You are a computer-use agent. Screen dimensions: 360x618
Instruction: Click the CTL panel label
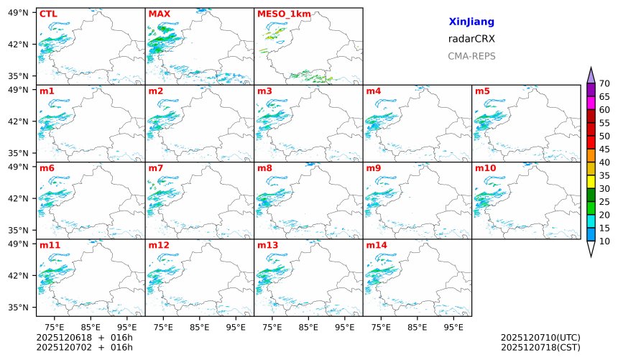click(48, 14)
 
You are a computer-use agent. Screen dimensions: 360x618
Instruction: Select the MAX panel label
click(159, 14)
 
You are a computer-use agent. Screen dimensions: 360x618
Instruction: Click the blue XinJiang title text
click(471, 22)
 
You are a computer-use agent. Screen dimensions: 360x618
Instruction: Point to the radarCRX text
click(471, 39)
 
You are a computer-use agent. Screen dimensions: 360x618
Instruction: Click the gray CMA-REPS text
click(471, 56)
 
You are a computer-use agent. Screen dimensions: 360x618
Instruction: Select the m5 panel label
click(482, 91)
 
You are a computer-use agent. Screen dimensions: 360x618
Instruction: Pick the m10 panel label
click(485, 168)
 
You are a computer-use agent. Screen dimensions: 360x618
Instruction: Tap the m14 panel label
click(376, 245)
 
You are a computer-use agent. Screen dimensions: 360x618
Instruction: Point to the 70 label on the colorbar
click(604, 84)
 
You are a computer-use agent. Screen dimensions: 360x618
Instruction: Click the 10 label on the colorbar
click(604, 241)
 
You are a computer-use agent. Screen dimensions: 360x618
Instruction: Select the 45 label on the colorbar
click(604, 149)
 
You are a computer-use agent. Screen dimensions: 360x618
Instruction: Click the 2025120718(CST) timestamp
click(540, 348)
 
